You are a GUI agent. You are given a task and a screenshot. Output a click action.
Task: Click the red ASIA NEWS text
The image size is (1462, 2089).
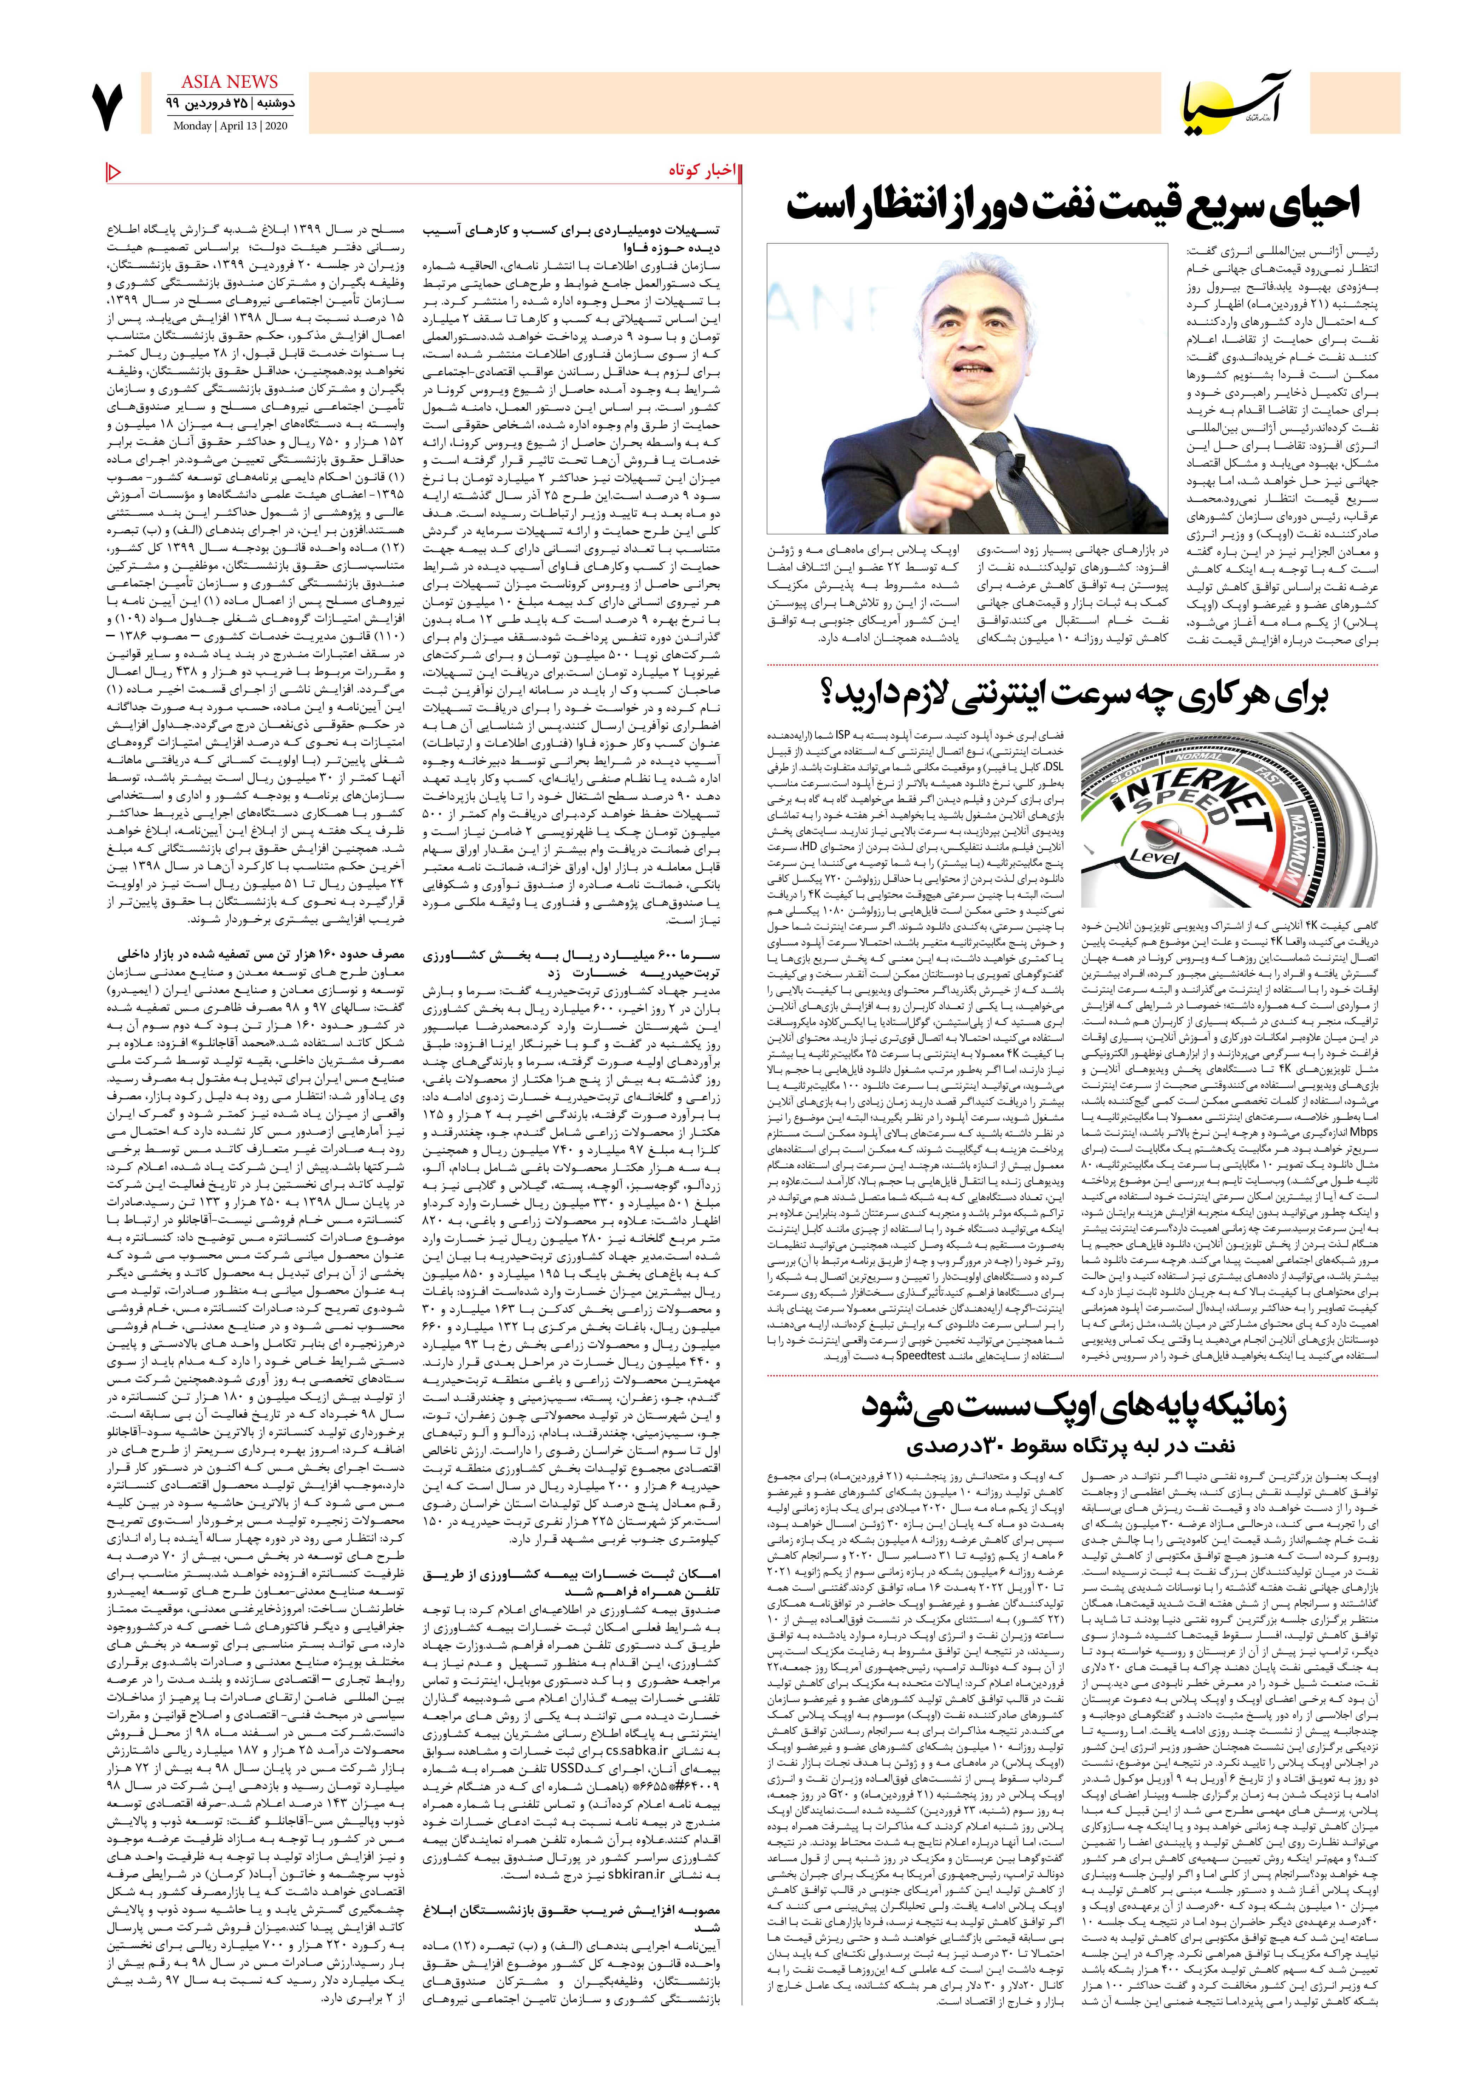click(x=229, y=82)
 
